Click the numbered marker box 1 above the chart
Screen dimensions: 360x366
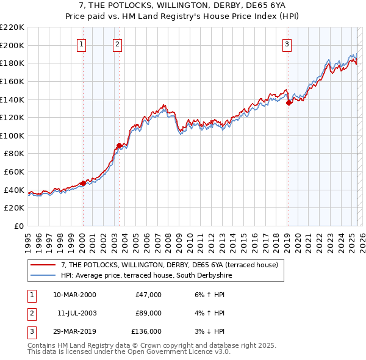pyautogui.click(x=82, y=43)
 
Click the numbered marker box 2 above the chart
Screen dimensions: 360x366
pyautogui.click(x=117, y=43)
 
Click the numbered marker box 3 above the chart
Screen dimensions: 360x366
pyautogui.click(x=287, y=43)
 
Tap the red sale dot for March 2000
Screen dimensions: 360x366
pyautogui.click(x=83, y=183)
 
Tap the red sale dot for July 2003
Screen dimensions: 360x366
pyautogui.click(x=119, y=145)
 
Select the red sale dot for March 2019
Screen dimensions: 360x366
pyautogui.click(x=289, y=103)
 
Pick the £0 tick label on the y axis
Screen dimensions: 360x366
pyautogui.click(x=18, y=226)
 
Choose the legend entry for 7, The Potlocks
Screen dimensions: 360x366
pyautogui.click(x=169, y=265)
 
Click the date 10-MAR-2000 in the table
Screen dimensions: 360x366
pyautogui.click(x=74, y=295)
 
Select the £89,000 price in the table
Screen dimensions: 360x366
pyautogui.click(x=148, y=313)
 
